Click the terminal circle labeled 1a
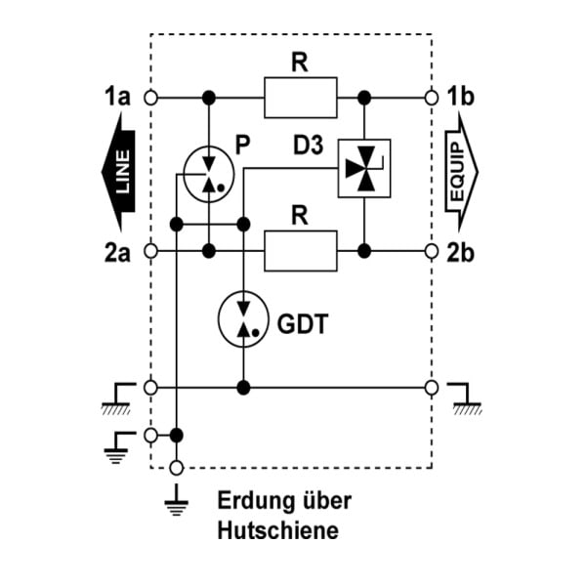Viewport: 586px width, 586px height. point(150,98)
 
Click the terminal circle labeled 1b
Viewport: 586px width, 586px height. point(432,98)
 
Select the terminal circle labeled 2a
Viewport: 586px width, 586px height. point(150,251)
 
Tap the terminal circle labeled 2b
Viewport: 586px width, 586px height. point(432,251)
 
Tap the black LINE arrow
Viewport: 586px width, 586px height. point(120,172)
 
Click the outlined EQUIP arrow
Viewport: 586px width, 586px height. point(461,172)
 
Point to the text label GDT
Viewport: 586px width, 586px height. point(303,324)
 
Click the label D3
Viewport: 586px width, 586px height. point(308,145)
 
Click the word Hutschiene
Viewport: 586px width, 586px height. point(278,530)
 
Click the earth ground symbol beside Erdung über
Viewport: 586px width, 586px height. point(177,501)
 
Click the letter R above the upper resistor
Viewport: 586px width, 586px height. point(300,63)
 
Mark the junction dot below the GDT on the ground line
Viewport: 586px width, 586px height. point(243,388)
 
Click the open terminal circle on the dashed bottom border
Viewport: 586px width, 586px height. point(177,468)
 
